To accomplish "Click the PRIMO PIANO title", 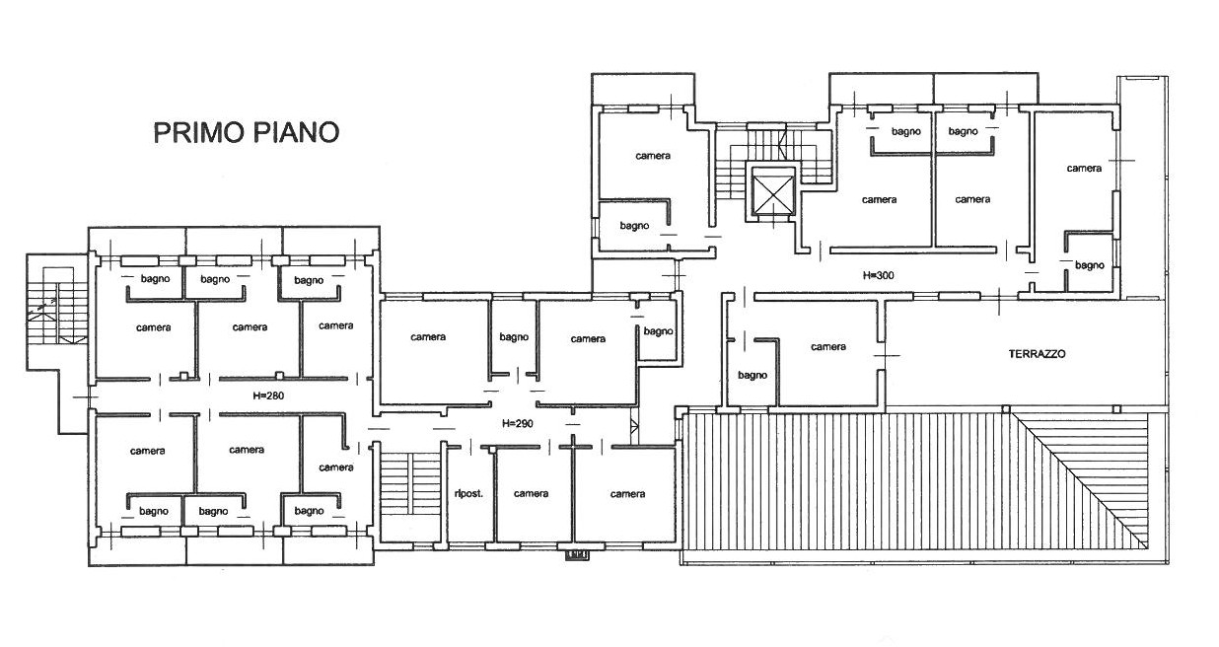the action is tap(247, 133).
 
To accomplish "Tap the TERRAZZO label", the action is tap(1037, 354).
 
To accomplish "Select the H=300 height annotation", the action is tap(879, 275).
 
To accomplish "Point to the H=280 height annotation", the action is tap(268, 395).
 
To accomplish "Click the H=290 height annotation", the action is tap(518, 423).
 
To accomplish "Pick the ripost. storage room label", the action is tap(468, 494).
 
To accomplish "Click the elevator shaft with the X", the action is tap(773, 191).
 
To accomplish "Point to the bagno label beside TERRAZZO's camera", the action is tap(753, 376).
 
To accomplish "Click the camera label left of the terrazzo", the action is tap(828, 346).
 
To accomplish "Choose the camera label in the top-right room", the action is tap(1084, 168).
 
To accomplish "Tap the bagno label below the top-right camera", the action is tap(1090, 265).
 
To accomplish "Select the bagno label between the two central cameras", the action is tap(514, 337).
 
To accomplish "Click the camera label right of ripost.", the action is tap(532, 493).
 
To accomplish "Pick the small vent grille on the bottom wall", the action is tap(577, 555).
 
